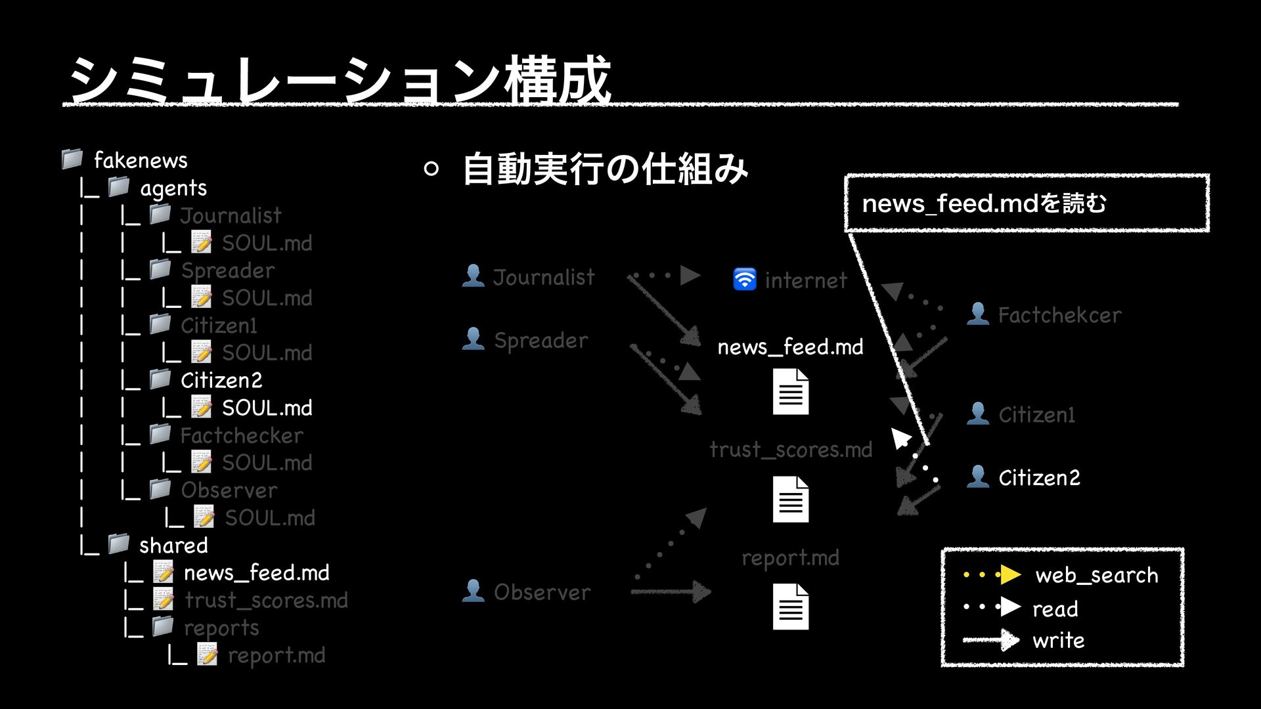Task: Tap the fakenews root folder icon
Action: (72, 159)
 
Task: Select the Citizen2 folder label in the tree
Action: (221, 380)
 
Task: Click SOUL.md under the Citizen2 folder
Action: (267, 408)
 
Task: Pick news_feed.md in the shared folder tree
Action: (256, 572)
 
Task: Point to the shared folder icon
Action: (119, 544)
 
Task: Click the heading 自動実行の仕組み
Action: (605, 169)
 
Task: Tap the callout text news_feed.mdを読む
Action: (984, 204)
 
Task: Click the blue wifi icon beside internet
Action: (744, 279)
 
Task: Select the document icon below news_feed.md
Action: (790, 391)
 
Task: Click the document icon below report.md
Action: (790, 607)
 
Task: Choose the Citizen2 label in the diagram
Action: (1039, 477)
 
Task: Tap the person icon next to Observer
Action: (473, 591)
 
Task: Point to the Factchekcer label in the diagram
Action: (1059, 315)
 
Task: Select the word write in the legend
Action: (1058, 640)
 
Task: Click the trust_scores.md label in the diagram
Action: (791, 450)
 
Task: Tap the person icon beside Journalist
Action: (473, 276)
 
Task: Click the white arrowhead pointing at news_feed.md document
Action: (900, 437)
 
